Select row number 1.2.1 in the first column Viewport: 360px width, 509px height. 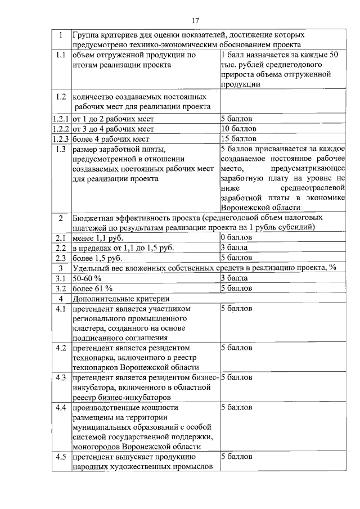click(60, 119)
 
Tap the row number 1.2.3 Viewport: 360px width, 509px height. click(60, 139)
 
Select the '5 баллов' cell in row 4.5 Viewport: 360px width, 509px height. click(237, 457)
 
